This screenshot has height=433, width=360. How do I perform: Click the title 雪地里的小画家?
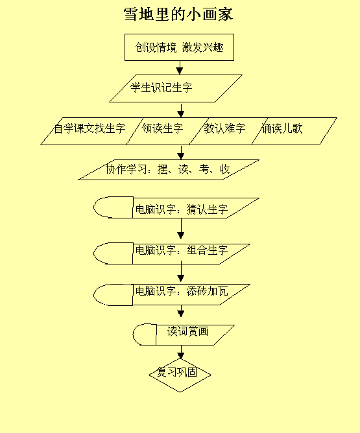178,14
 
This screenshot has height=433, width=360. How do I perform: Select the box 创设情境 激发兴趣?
179,47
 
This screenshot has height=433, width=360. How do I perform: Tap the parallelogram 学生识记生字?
176,88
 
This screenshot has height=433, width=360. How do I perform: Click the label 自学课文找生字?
90,128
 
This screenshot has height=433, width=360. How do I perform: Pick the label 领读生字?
162,128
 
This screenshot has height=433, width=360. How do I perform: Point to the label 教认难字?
224,128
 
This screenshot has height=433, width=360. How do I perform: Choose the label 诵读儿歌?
282,128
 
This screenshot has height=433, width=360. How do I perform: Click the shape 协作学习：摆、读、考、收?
169,170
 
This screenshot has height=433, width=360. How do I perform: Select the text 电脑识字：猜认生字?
182,209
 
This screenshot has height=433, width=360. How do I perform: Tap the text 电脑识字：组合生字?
182,250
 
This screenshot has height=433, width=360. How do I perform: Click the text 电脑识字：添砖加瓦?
182,291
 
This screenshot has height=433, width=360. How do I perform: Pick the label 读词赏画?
187,331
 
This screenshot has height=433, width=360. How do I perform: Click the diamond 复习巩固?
180,375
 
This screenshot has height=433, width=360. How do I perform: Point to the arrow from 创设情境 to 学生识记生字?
180,67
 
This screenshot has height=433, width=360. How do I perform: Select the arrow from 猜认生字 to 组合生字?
181,229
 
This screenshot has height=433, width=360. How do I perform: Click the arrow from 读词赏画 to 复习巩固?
181,352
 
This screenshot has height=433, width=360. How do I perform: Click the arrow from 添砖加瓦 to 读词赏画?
181,311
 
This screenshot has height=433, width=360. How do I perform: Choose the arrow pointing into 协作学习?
181,152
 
